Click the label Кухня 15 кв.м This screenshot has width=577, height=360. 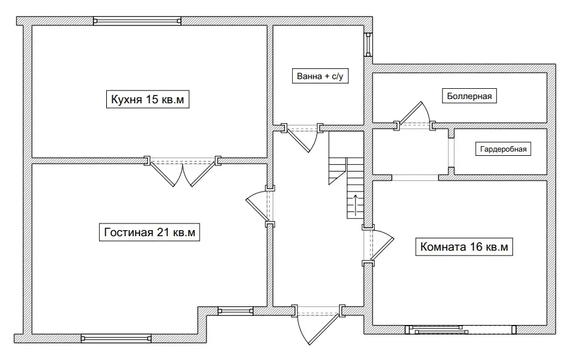pos(147,99)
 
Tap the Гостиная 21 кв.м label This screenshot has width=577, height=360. pos(150,232)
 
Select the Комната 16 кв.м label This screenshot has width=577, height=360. pos(464,246)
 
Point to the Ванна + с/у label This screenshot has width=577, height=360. pos(320,76)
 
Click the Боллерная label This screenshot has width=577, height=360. pos(469,96)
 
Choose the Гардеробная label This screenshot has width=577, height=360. pos(503,149)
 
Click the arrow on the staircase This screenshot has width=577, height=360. pos(355,205)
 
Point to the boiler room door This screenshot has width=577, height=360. pos(415,116)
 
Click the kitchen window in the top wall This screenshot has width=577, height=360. pos(137,21)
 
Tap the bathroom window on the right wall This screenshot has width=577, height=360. pos(368,45)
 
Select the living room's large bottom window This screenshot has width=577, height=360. pos(116,338)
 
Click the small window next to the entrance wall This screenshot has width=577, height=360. pos(235,312)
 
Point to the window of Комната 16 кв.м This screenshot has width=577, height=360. pos(461,329)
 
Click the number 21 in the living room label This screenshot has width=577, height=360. pos(163,233)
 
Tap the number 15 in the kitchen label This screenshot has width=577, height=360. pos(152,100)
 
